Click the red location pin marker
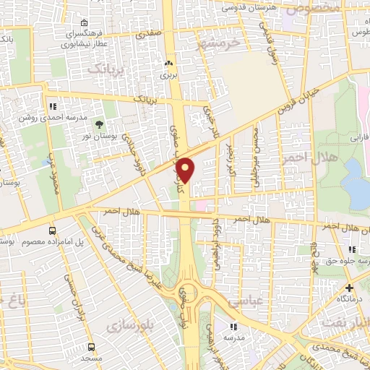186,170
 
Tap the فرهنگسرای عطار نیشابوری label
84,38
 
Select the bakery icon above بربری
168,63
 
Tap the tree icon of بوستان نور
99,124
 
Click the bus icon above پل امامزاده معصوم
51,231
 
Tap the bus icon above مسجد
92,345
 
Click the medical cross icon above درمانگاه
349,287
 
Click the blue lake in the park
356,181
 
